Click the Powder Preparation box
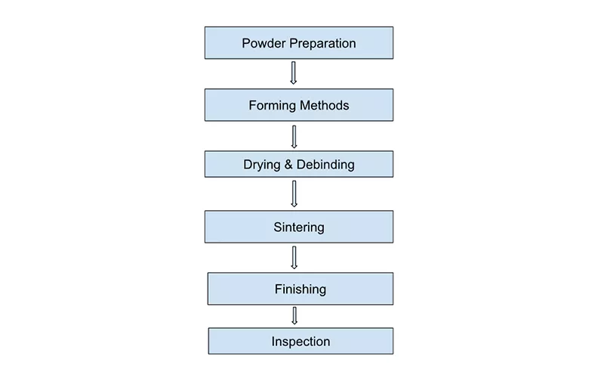(x=298, y=43)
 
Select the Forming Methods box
(x=298, y=105)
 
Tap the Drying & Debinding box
(x=298, y=164)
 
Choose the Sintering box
(x=298, y=227)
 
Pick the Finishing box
(x=300, y=289)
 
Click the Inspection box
(x=300, y=342)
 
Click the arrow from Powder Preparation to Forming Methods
(x=294, y=73)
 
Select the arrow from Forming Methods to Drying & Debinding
(x=294, y=136)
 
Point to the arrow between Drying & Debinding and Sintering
(x=294, y=194)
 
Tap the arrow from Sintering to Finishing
(x=294, y=257)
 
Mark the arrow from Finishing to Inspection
(x=294, y=316)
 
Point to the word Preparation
(x=321, y=44)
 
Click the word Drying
(x=261, y=165)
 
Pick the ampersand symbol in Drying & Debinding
(x=290, y=164)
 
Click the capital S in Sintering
(x=278, y=227)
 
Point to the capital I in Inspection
(x=274, y=342)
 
